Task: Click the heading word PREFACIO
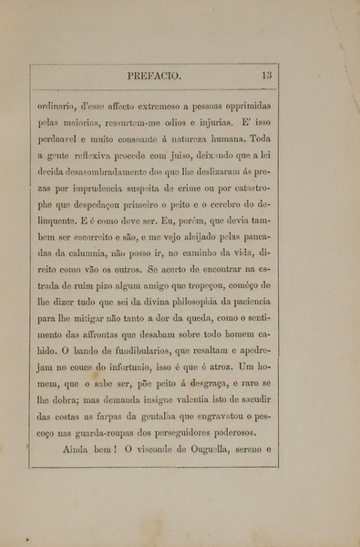(x=159, y=77)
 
